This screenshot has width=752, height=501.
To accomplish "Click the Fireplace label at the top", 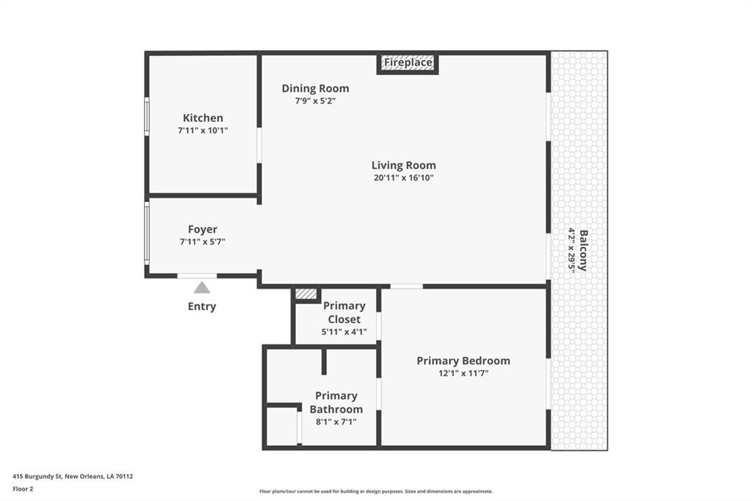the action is [x=408, y=62].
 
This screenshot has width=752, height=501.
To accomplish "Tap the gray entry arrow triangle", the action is [x=202, y=287].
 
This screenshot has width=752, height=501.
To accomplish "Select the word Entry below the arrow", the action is [x=202, y=306].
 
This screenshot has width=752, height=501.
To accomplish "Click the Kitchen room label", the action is [x=203, y=118].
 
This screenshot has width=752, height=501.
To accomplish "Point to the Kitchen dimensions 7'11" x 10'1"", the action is [x=203, y=131].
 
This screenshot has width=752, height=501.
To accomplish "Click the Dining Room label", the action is [x=315, y=88].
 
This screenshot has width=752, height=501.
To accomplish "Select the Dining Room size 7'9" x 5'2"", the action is [x=315, y=101].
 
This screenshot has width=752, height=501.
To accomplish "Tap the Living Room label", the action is [x=404, y=165].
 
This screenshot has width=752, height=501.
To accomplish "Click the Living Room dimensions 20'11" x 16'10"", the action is [x=404, y=178].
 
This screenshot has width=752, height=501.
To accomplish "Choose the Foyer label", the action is [x=203, y=229].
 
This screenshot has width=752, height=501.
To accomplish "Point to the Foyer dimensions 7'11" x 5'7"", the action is [x=203, y=242].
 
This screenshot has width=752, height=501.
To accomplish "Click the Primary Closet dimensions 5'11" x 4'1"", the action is [x=344, y=331].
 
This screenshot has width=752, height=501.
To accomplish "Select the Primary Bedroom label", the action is [x=463, y=361].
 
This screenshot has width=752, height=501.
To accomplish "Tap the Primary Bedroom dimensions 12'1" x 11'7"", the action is [x=463, y=373].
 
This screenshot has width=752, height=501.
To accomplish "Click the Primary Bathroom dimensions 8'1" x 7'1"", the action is [x=336, y=422].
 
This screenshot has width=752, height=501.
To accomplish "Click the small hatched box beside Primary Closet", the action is [x=306, y=294].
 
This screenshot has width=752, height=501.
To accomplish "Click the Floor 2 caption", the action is [x=23, y=489].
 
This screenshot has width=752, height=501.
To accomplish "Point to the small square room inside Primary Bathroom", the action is [x=281, y=427].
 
